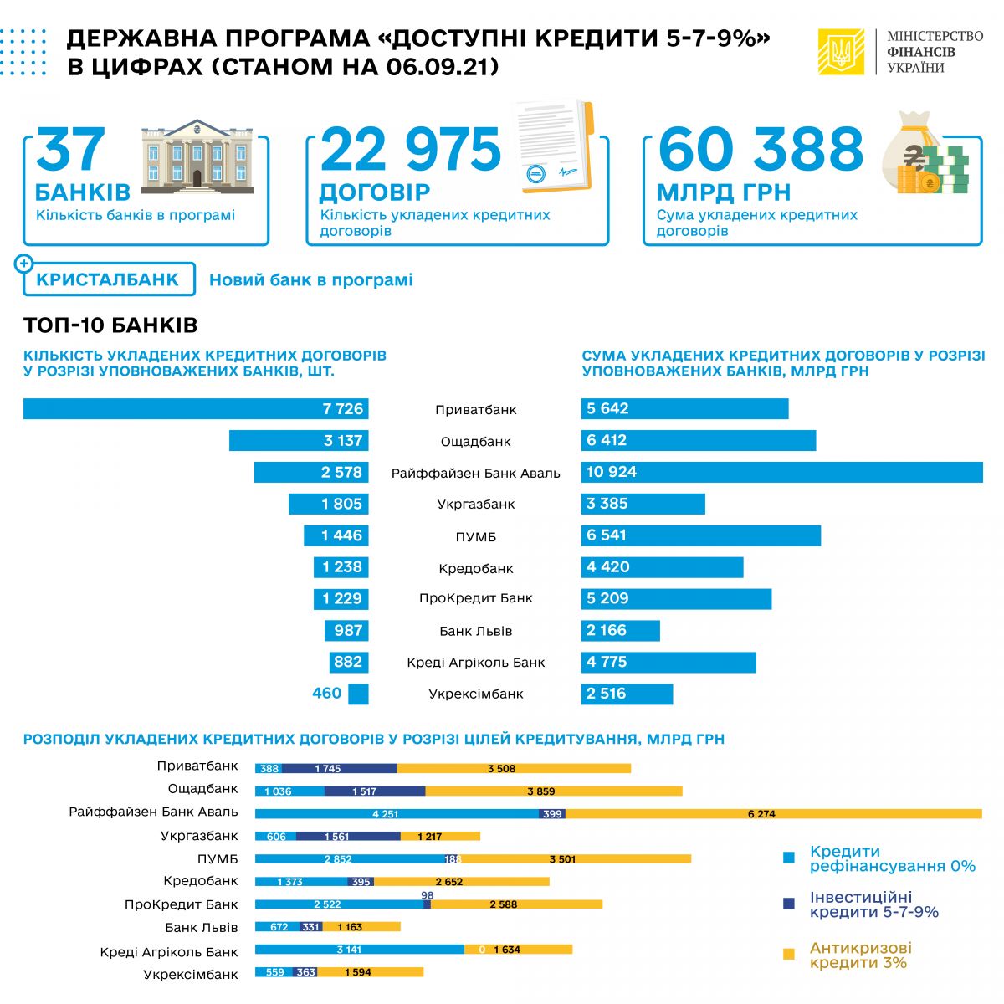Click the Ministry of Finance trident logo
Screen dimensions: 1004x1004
coord(840,52)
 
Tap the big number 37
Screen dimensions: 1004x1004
coord(71,151)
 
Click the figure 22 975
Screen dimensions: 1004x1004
coord(411,151)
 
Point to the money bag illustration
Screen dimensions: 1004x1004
coord(925,156)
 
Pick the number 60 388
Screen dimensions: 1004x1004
coord(761,151)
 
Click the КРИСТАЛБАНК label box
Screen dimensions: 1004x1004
coord(108,279)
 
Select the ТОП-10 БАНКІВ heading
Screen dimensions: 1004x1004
coord(110,325)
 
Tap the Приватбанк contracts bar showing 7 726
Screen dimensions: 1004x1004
coord(196,409)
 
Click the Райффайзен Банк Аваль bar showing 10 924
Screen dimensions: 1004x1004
coord(781,472)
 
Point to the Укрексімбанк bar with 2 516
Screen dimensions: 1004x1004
coord(627,694)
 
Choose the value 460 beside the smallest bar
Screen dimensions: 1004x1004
coord(327,694)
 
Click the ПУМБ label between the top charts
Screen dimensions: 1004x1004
coord(476,536)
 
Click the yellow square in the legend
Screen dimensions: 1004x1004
coord(788,954)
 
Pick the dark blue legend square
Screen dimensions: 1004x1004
coord(788,904)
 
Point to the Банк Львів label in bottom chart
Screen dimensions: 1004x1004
coord(202,927)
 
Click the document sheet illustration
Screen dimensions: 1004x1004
coord(552,147)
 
